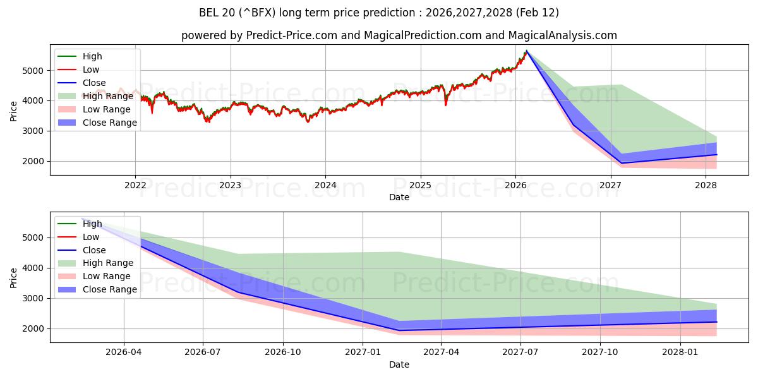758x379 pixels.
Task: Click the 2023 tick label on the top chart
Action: pyautogui.click(x=230, y=185)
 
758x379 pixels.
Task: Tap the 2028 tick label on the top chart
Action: pyautogui.click(x=706, y=185)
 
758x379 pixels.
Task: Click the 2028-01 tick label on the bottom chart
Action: pyautogui.click(x=680, y=352)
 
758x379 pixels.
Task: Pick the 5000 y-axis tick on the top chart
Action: pyautogui.click(x=36, y=71)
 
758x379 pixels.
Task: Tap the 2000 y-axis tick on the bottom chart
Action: pyautogui.click(x=36, y=328)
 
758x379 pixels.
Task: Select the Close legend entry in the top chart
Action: pyautogui.click(x=94, y=83)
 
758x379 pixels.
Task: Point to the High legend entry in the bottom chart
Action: pyautogui.click(x=92, y=224)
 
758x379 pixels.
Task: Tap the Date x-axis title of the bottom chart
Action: pyautogui.click(x=399, y=364)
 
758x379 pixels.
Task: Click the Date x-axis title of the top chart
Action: pyautogui.click(x=399, y=197)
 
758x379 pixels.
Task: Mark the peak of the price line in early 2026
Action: pyautogui.click(x=527, y=51)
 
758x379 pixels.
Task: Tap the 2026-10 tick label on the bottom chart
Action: pyautogui.click(x=283, y=352)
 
